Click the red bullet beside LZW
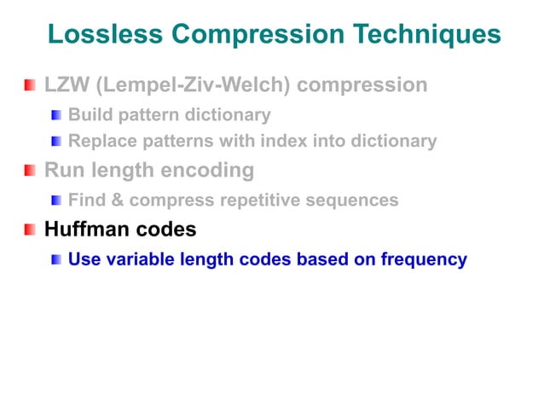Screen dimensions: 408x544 pos(30,85)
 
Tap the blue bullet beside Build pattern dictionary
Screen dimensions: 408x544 pos(56,114)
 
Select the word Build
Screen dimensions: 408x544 pos(87,114)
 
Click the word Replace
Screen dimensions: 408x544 pos(98,141)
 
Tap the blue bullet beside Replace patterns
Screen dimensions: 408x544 pos(56,142)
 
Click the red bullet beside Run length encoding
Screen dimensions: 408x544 pos(30,172)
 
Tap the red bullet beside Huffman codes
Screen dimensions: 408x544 pos(30,230)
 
